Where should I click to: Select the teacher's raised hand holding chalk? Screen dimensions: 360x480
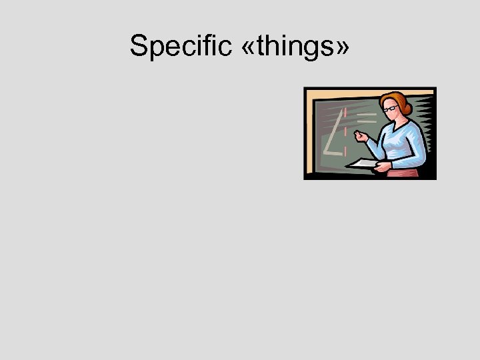pyautogui.click(x=362, y=136)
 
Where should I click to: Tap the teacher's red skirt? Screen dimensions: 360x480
pyautogui.click(x=403, y=173)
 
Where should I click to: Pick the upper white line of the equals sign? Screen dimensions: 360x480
pyautogui.click(x=365, y=115)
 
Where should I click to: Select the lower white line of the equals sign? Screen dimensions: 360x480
pyautogui.click(x=366, y=123)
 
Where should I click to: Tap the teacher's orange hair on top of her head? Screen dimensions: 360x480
pyautogui.click(x=395, y=97)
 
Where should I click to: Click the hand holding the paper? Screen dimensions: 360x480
pyautogui.click(x=381, y=167)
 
